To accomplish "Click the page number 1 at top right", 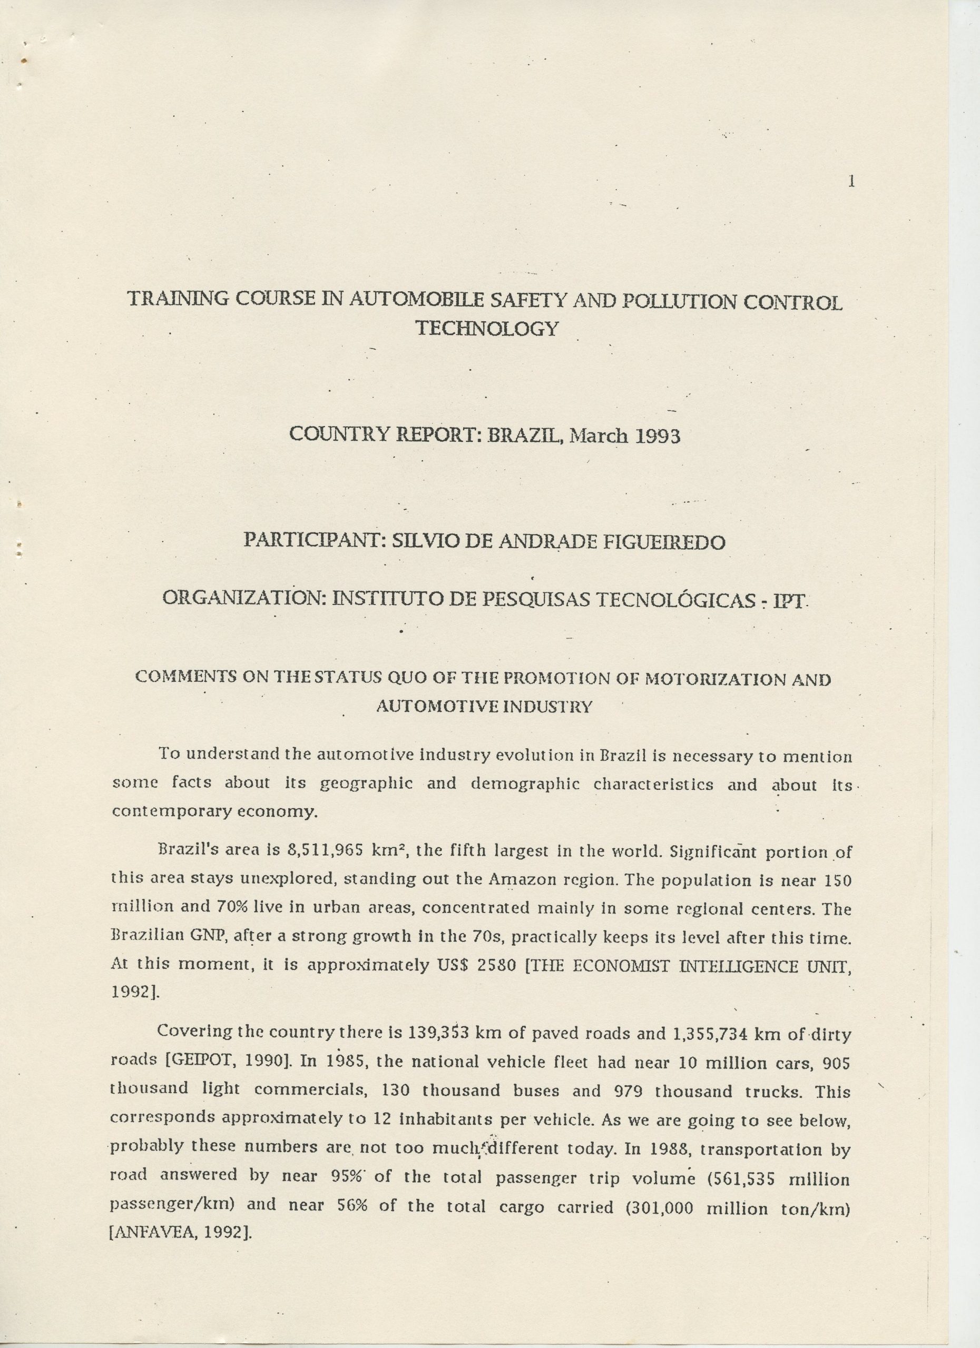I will pyautogui.click(x=851, y=182).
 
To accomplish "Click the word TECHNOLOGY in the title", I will pyautogui.click(x=487, y=328).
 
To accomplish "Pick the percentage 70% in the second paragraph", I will pyautogui.click(x=234, y=908).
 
